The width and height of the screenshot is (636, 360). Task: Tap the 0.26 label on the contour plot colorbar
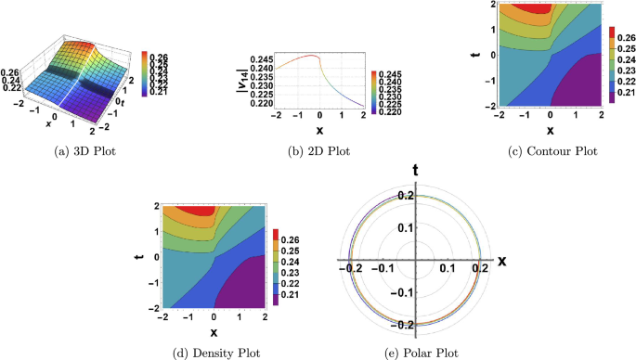click(626, 41)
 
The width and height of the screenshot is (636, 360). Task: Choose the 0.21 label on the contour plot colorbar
click(626, 96)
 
